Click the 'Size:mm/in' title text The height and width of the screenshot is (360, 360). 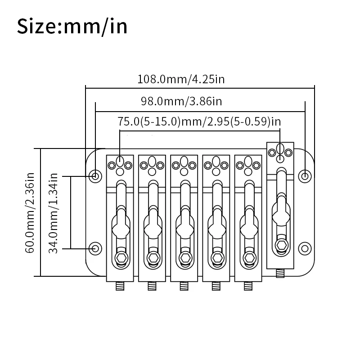(72, 27)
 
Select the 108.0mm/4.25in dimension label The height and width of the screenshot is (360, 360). (181, 79)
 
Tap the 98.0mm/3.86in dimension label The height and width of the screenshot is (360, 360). (181, 101)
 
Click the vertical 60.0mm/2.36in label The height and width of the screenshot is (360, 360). (30, 213)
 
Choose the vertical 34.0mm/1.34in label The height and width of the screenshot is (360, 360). (53, 213)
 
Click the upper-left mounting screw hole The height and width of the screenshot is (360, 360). (95, 176)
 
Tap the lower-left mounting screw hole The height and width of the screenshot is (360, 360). (95, 248)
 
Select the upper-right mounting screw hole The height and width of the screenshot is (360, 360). (305, 176)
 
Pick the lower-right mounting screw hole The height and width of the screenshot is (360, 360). (305, 248)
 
